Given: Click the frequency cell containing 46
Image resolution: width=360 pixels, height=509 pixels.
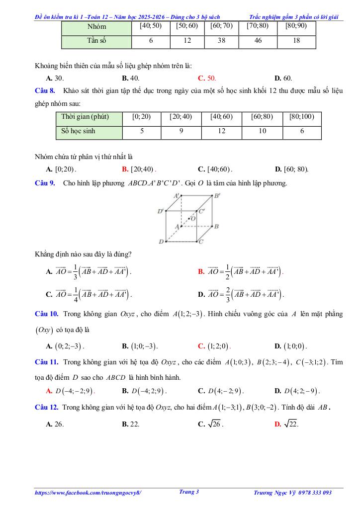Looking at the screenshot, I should coord(258,41).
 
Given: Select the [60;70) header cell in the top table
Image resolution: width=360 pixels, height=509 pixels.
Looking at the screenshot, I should coord(221,26).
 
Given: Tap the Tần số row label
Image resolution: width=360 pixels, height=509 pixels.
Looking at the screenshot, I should coord(96,41).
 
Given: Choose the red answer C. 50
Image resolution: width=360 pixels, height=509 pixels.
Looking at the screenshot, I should coord(207,78).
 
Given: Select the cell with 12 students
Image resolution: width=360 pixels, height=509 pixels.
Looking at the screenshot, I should coord(221,132).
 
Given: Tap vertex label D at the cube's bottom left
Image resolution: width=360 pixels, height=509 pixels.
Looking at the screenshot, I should coord(161,242).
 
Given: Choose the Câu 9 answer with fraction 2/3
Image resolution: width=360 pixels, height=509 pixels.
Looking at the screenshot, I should coord(242,294).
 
